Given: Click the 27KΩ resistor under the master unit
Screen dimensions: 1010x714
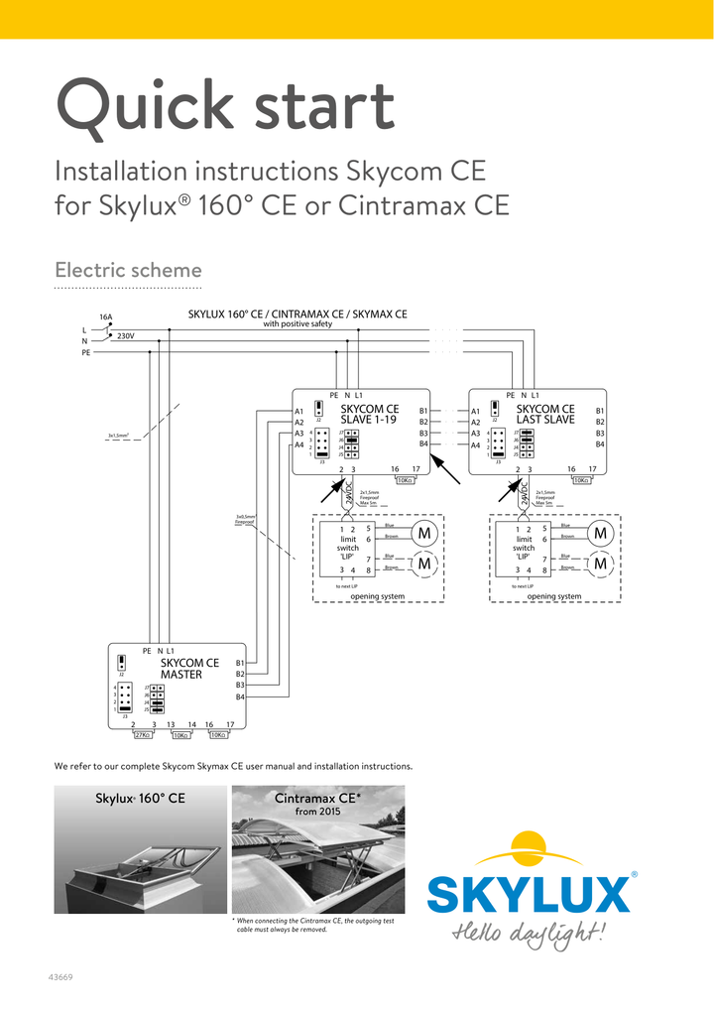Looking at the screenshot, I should click(x=142, y=735).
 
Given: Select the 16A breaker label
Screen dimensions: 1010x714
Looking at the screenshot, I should click(x=105, y=317).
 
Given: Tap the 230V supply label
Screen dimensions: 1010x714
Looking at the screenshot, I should click(x=125, y=336).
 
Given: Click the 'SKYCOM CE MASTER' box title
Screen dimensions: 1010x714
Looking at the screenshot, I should click(x=188, y=669).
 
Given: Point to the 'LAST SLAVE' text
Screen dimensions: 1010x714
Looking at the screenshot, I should click(x=545, y=420).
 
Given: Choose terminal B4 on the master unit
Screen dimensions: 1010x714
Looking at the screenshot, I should click(x=240, y=696).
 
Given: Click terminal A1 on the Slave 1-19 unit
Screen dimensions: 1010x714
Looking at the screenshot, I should click(x=298, y=411).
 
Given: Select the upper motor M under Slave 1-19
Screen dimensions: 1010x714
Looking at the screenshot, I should click(x=425, y=535).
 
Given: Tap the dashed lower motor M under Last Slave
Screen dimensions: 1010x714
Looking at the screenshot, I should click(x=600, y=565).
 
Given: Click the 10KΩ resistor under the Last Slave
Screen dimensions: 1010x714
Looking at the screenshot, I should click(x=581, y=480).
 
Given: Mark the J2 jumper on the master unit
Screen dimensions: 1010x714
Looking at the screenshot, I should click(x=121, y=663).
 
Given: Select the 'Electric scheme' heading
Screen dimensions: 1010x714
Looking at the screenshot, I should click(x=128, y=270).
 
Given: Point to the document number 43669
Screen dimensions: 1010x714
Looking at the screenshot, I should click(x=60, y=977).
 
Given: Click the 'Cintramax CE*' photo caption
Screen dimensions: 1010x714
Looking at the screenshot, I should click(x=317, y=799).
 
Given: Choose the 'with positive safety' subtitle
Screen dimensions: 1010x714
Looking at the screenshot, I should click(x=297, y=324).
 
